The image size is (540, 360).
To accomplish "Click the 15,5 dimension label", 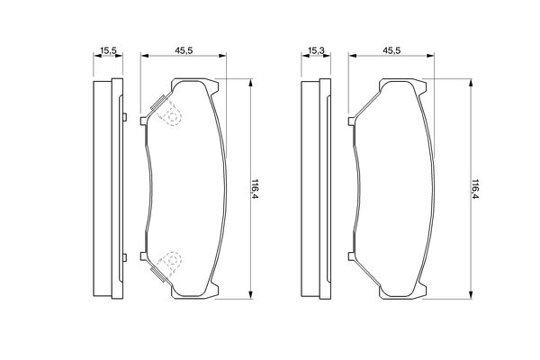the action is tap(109, 50).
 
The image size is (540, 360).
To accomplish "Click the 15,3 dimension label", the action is tap(316, 50).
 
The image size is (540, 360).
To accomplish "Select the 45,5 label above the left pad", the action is tap(184, 50).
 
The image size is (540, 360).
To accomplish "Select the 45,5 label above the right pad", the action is tap(391, 50).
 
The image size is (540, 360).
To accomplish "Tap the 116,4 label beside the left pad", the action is tap(256, 190).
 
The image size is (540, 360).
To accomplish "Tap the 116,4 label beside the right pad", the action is tap(475, 190).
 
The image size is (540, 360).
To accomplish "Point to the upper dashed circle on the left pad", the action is tap(172, 116).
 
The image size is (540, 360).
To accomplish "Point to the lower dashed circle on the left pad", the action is tap(172, 261).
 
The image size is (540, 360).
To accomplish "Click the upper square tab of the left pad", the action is tap(144, 121).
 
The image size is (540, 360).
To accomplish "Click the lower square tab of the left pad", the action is tap(144, 256).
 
